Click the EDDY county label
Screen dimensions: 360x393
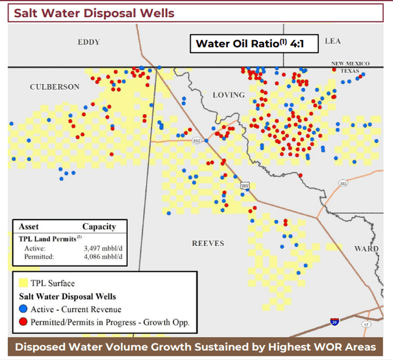(x=88, y=42)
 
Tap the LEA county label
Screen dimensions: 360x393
(x=332, y=40)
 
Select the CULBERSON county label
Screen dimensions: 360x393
(x=55, y=87)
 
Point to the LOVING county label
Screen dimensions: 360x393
(x=228, y=95)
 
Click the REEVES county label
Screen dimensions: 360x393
(x=208, y=243)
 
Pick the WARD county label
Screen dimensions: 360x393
(x=366, y=248)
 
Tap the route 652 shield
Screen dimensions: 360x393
(x=196, y=141)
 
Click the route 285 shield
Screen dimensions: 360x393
(x=245, y=185)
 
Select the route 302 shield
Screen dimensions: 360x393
(x=343, y=183)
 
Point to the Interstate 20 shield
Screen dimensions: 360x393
(x=334, y=321)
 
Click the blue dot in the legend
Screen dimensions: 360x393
(x=23, y=309)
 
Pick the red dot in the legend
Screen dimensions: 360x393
(x=23, y=322)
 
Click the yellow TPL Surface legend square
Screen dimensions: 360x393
(x=23, y=283)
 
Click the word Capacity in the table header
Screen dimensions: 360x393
(x=99, y=226)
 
